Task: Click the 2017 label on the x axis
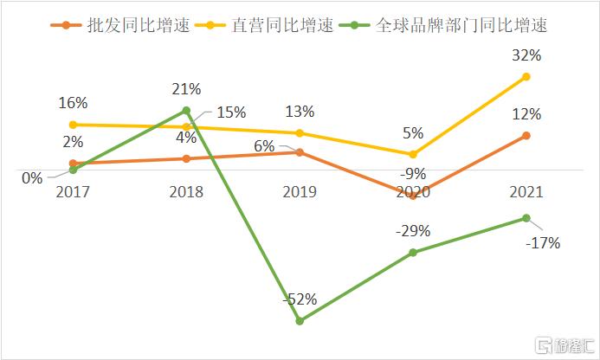pos(74,191)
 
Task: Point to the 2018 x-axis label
pos(187,191)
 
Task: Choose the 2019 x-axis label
pos(300,191)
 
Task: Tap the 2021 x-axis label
pos(526,191)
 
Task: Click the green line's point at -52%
pos(300,321)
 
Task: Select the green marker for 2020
pos(413,253)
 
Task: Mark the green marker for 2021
pos(526,218)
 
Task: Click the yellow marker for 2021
pos(526,77)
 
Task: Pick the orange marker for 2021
pos(526,135)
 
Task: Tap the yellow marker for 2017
pos(74,125)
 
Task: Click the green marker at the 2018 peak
pos(187,110)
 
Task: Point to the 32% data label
pos(526,55)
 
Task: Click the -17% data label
pos(544,243)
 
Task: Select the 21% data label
pos(186,89)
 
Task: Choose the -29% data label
pos(413,231)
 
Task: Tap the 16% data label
pos(74,103)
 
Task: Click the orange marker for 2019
pos(300,152)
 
